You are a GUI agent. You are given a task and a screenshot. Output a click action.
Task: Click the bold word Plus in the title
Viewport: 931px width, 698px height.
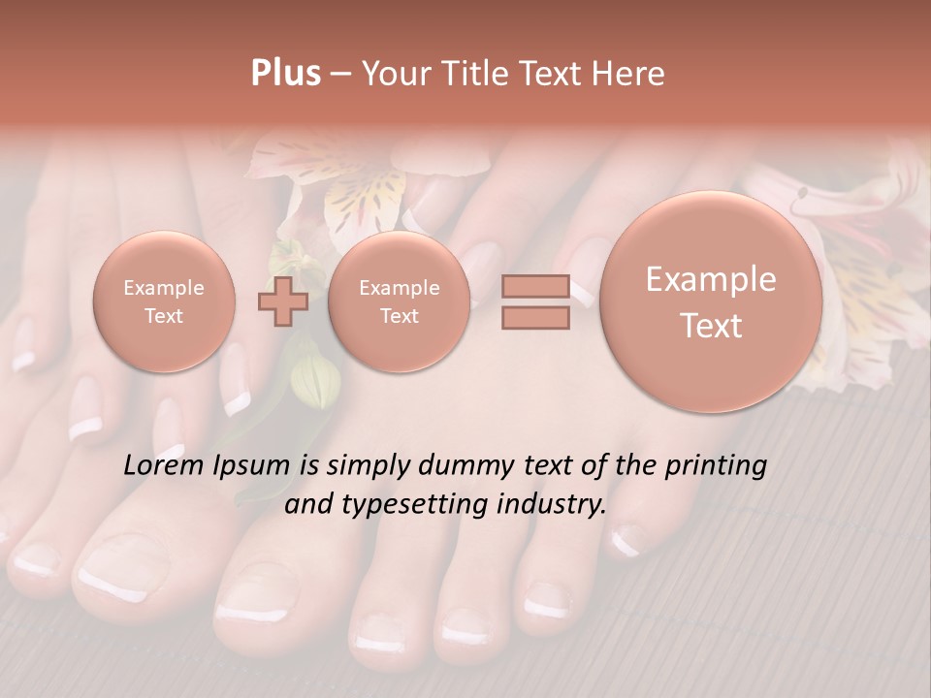285,74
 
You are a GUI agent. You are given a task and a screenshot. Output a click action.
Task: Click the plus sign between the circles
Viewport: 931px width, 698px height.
282,301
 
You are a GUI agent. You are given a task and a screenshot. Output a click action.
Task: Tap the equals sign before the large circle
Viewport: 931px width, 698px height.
534,301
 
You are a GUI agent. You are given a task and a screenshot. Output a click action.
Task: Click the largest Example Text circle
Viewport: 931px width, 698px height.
711,301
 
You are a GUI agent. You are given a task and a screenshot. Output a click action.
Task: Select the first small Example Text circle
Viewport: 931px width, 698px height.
164,301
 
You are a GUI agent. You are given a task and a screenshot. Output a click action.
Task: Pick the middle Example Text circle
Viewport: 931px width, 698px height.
399,301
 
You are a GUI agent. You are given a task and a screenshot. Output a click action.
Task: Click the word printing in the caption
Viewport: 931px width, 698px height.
716,466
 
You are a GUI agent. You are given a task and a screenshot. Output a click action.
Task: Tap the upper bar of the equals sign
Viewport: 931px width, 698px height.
534,286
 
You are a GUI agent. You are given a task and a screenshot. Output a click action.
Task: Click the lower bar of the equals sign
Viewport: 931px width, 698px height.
534,317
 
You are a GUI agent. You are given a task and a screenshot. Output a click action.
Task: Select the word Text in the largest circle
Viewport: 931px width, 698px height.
711,326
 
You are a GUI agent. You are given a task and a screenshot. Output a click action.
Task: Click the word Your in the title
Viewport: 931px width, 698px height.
393,74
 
